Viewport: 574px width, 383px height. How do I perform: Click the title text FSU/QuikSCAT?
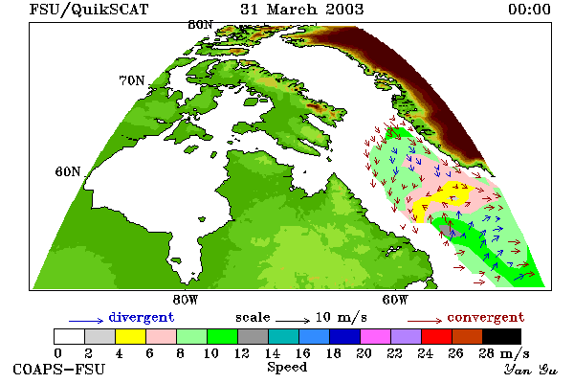pyautogui.click(x=89, y=10)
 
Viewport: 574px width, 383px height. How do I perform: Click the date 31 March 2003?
pyautogui.click(x=301, y=10)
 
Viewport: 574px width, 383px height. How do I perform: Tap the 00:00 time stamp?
pyautogui.click(x=529, y=10)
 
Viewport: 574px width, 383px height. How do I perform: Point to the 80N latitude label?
pyautogui.click(x=200, y=25)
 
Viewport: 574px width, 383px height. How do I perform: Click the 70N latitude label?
pyautogui.click(x=132, y=80)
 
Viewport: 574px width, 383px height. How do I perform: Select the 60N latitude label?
pyautogui.click(x=68, y=171)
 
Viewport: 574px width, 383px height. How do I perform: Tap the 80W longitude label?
pyautogui.click(x=186, y=300)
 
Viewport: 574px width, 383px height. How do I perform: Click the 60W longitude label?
pyautogui.click(x=394, y=300)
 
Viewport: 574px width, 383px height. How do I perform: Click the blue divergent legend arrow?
pyautogui.click(x=86, y=321)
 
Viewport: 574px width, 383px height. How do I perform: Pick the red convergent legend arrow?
pyautogui.click(x=425, y=321)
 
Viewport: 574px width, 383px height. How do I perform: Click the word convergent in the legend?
pyautogui.click(x=486, y=317)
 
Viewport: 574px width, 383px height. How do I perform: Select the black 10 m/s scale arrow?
pyautogui.click(x=293, y=321)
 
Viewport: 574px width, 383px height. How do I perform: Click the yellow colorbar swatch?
pyautogui.click(x=130, y=336)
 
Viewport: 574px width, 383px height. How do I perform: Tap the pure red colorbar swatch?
pyautogui.click(x=436, y=336)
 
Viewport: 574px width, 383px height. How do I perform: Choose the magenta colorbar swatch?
pyautogui.click(x=375, y=336)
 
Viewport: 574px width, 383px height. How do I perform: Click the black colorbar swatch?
pyautogui.click(x=501, y=336)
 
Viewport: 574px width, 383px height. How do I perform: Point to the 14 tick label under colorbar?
pyautogui.click(x=272, y=353)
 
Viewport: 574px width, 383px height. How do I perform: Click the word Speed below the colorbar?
pyautogui.click(x=287, y=368)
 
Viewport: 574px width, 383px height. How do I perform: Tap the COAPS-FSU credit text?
pyautogui.click(x=58, y=369)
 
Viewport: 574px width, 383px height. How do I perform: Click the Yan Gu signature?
pyautogui.click(x=530, y=370)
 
